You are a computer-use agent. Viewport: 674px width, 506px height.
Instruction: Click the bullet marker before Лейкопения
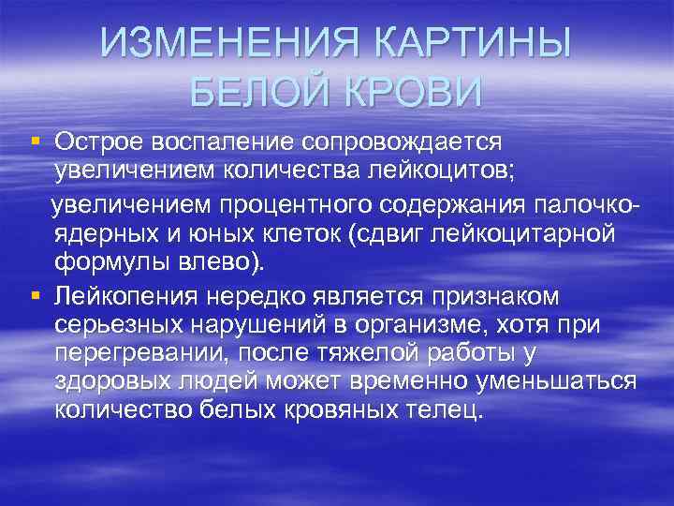pyautogui.click(x=35, y=297)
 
